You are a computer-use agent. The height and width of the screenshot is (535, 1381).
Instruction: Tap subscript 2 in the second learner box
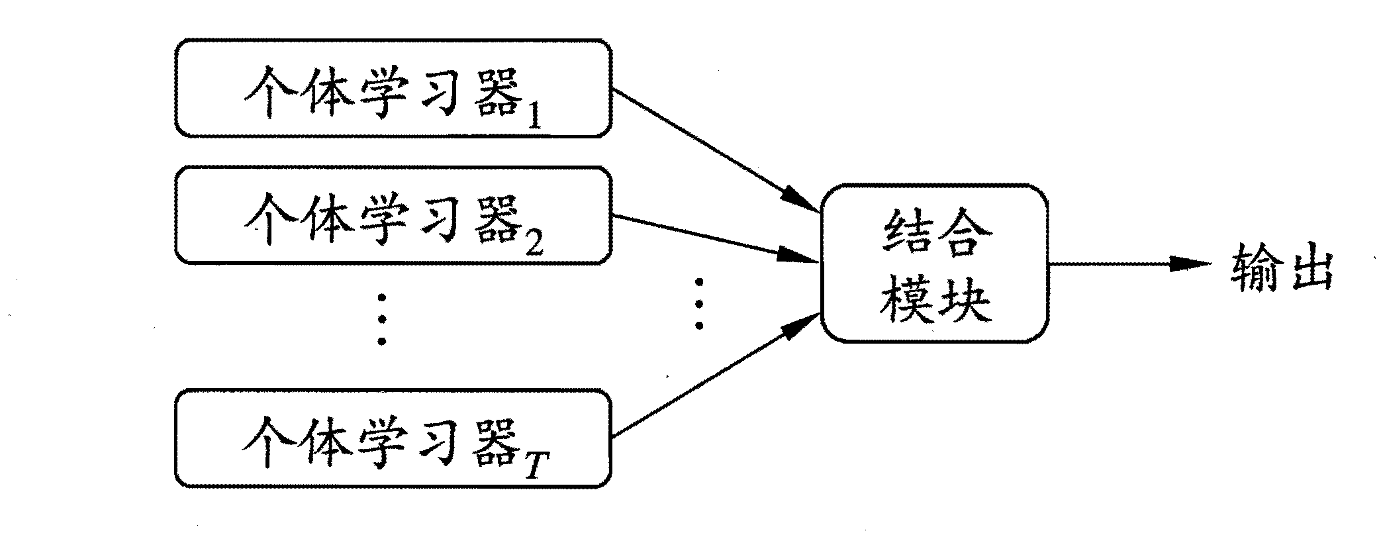click(x=533, y=245)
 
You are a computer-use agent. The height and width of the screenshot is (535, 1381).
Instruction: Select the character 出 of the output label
click(x=1307, y=267)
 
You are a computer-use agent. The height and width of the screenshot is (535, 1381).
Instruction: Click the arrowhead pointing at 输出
click(x=1188, y=264)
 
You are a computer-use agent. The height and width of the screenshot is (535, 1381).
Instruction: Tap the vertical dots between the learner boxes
click(x=381, y=320)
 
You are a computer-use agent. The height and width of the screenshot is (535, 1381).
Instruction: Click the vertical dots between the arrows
click(x=698, y=304)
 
